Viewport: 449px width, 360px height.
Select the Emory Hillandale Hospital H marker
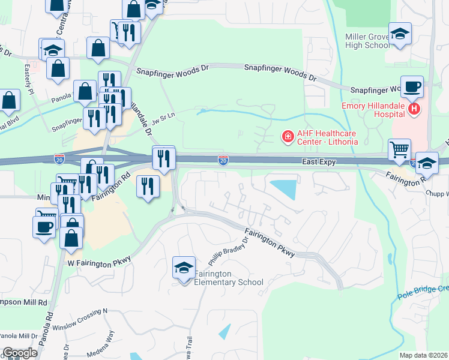414,109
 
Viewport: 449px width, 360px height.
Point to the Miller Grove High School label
367,41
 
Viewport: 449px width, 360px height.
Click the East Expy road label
319,162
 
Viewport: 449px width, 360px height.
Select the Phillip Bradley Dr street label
228,252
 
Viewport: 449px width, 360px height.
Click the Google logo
20,353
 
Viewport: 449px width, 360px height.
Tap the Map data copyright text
424,355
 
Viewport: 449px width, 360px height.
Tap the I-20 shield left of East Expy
223,160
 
